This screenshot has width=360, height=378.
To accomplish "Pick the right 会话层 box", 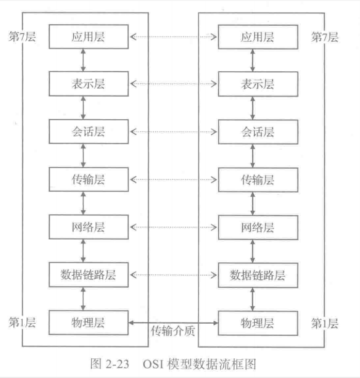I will (252, 131).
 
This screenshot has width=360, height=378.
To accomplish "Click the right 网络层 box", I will (252, 227).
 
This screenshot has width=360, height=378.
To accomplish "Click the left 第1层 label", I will (22, 324).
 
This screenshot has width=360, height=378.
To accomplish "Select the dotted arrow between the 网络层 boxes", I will (173, 227).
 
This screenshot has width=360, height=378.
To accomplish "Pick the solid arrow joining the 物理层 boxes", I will (173, 322).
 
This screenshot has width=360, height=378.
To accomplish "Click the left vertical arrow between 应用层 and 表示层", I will (84, 60).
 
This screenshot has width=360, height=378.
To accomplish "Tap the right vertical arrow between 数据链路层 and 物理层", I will (252, 298).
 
